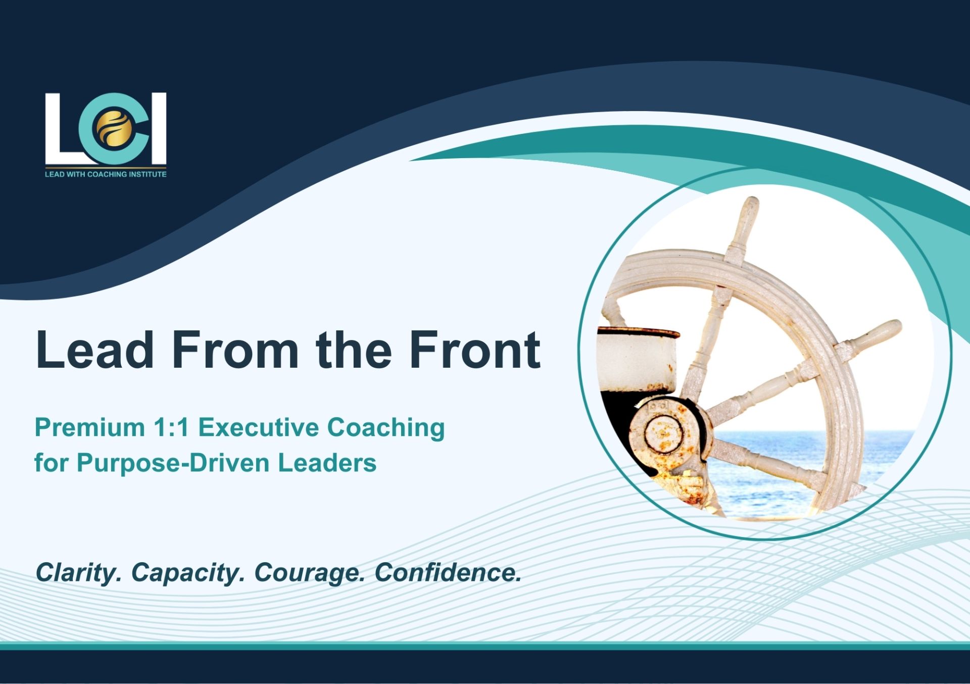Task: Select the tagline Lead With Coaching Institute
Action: point(106,174)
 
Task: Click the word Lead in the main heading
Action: point(94,349)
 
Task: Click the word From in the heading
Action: point(235,349)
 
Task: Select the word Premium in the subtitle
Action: point(90,427)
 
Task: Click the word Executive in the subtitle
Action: point(258,427)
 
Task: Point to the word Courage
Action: point(310,573)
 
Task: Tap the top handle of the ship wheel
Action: point(746,227)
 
